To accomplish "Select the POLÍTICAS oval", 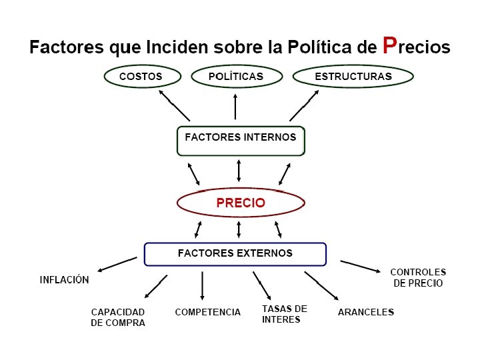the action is coord(235,77).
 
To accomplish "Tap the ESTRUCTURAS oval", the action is coord(353,77).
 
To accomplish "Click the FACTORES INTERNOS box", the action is coord(241,140).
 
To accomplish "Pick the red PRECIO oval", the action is coord(241,203).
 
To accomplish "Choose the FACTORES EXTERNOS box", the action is coord(235,254).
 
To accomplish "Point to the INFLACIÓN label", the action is coord(65,280).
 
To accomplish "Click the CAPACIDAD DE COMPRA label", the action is coord(118,317).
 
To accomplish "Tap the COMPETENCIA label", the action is coord(208,312).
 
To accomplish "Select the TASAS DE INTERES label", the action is coord(285,314).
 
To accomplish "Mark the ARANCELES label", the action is coord(366,312).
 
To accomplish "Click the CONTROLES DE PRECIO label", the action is coord(418,277).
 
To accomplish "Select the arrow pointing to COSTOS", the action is coord(173,105).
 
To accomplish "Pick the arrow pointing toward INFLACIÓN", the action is coord(117,264).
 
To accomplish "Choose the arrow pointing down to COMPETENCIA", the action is coord(202,285).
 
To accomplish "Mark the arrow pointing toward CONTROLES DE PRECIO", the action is coord(360,266).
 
